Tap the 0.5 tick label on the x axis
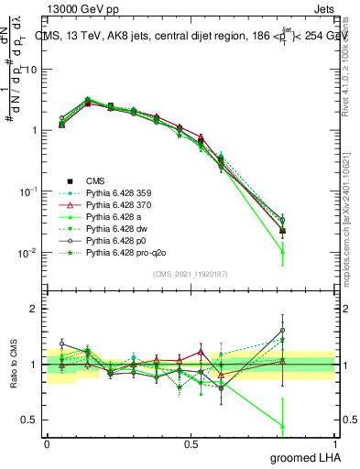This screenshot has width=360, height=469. coord(191,443)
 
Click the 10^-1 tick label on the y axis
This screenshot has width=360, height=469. coord(27,191)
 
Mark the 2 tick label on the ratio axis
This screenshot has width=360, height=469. coord(34,309)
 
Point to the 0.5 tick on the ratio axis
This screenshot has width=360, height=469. coord(29,420)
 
